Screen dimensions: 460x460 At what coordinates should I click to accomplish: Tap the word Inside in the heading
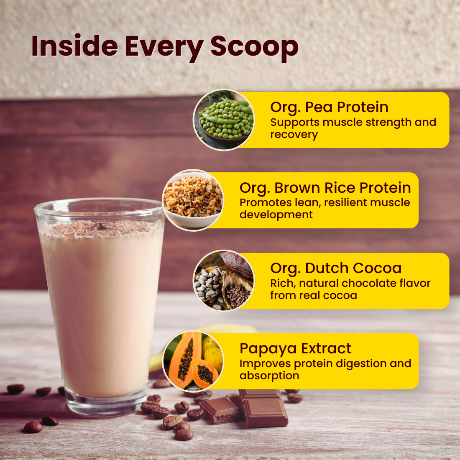74,46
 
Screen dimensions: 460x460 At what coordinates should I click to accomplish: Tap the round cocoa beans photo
224,281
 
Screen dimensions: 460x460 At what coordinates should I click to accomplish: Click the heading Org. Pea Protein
329,107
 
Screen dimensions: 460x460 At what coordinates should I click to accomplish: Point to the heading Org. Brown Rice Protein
325,188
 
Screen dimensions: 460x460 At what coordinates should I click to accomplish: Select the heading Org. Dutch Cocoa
336,268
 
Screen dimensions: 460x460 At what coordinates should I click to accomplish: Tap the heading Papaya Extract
295,348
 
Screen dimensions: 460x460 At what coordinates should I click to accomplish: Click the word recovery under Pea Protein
294,135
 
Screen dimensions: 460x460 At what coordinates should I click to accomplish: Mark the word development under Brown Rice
276,215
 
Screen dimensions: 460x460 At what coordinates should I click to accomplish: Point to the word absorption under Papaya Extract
269,376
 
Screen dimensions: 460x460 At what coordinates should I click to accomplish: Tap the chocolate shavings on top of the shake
100,227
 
